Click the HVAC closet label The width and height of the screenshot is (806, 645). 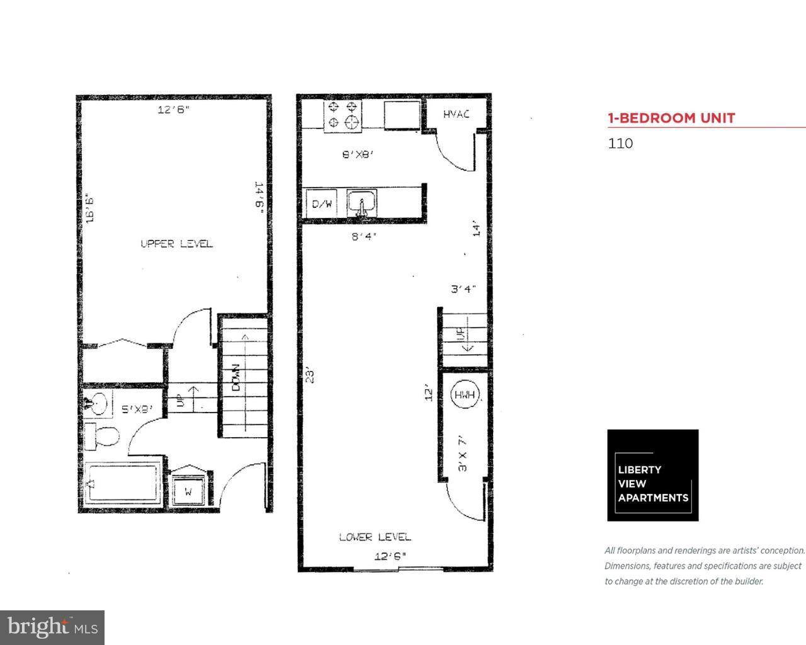(x=455, y=114)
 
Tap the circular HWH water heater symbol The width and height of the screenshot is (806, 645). (x=466, y=395)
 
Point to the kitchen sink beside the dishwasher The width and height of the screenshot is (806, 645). (x=362, y=203)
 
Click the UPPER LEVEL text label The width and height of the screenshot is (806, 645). (x=176, y=244)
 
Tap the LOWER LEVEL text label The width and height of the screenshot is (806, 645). (x=375, y=537)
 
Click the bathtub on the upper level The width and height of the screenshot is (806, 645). (x=123, y=483)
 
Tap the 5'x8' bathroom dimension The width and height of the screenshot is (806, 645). (x=137, y=409)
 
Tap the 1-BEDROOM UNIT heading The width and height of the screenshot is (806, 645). (x=671, y=118)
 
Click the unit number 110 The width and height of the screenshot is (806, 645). (x=620, y=143)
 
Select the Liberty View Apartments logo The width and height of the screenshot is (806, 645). (x=652, y=476)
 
